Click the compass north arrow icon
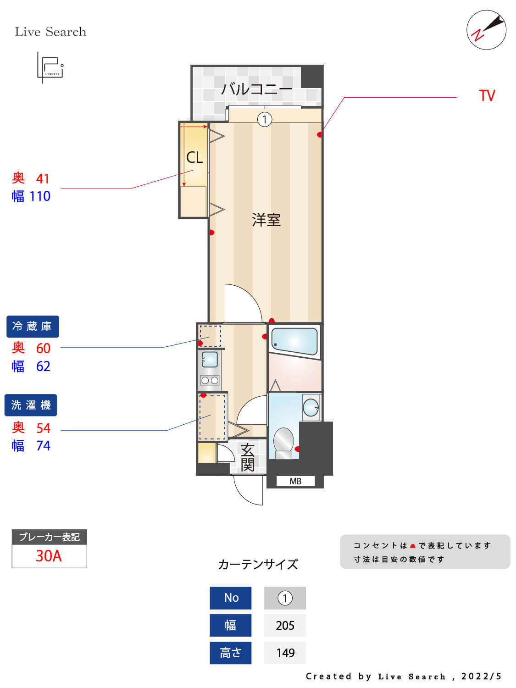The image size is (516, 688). point(487,30)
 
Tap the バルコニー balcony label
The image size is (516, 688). point(257,89)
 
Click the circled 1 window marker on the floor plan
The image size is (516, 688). point(265,120)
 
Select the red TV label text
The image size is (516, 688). point(487,96)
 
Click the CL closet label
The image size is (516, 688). point(194,158)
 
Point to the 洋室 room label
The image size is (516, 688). point(266,220)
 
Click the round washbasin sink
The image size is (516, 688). point(311,407)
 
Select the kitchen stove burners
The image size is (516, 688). point(210,380)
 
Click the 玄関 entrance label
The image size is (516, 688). point(248,457)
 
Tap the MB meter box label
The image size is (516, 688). point(295,481)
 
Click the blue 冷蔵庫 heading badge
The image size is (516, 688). point(32,327)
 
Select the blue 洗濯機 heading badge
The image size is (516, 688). point(31,405)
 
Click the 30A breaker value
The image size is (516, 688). point(49,556)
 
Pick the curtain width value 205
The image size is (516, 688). point(285,626)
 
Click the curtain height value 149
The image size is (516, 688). point(285,653)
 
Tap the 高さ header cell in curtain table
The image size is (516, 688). point(230,653)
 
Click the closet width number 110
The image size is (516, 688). point(40,197)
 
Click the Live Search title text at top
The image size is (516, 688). point(50,32)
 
